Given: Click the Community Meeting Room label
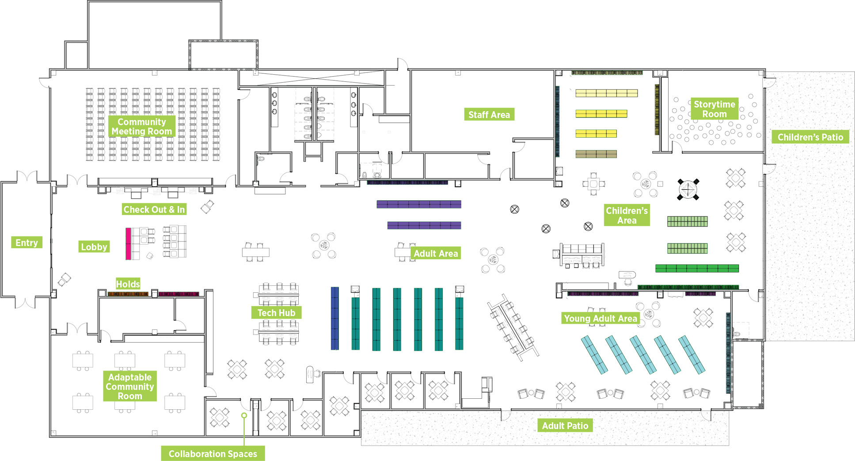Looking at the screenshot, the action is pos(142,126).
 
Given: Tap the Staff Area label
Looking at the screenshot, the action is pos(489,115).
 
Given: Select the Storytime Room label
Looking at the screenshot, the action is pos(714,109).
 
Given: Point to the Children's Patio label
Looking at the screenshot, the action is pos(810,137).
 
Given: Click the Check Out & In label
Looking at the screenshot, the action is pos(154,209).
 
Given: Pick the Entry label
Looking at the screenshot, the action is pos(27,242).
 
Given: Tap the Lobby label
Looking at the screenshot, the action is pos(94,247).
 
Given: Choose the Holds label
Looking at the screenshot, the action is pos(128,284).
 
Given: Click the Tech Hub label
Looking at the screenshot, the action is pos(276,313).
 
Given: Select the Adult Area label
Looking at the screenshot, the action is pos(436,253).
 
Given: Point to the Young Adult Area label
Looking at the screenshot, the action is pos(600,318).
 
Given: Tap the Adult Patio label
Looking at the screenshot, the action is pos(565,426).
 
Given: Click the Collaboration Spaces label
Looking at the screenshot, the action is pos(213,453).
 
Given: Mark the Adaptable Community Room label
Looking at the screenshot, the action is pos(130,386).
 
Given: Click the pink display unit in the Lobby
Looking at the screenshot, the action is pos(128,244).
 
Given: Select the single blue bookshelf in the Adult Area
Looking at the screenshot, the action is pos(335,318).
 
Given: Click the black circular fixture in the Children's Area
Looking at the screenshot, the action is pos(688,189).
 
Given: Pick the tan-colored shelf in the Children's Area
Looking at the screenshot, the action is pos(596,154).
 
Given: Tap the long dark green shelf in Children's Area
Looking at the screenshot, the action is pos(697,268).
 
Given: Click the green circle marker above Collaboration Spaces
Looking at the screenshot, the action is pos(244,416).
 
